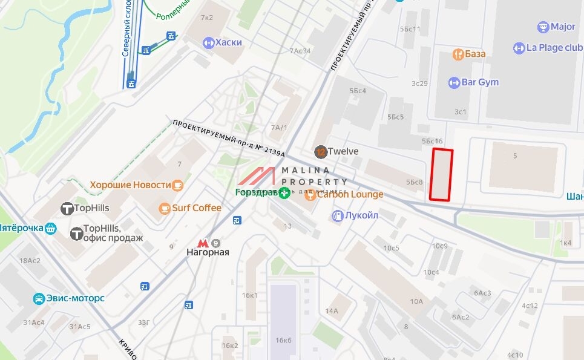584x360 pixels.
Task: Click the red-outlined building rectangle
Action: (x=441, y=174)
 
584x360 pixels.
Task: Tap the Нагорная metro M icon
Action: (x=203, y=242)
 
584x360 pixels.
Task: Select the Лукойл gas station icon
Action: (x=337, y=215)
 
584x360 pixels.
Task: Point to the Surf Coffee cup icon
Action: (x=164, y=208)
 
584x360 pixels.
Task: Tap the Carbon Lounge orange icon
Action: (x=310, y=195)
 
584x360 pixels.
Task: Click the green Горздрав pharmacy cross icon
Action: (x=284, y=194)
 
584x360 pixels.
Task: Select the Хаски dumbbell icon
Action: (x=209, y=42)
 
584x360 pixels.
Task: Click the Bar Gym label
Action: (x=480, y=82)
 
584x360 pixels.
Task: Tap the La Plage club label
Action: (x=554, y=48)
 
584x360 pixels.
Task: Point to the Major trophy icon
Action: (x=543, y=27)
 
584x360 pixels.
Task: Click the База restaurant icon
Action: (x=458, y=54)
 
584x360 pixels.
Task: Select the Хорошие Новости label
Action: (x=130, y=185)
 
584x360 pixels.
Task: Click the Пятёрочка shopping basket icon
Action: (x=51, y=228)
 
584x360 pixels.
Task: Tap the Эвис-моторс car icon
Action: (x=39, y=298)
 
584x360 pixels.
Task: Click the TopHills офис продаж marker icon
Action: (x=76, y=234)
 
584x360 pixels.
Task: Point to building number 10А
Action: (x=416, y=301)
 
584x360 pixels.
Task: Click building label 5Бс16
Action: (x=432, y=140)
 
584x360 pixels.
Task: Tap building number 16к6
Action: (x=283, y=341)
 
